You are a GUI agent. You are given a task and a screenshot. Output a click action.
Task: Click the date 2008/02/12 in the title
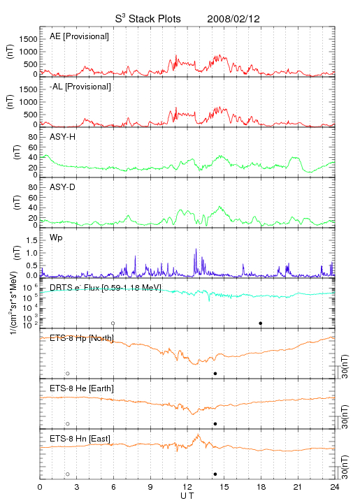233,19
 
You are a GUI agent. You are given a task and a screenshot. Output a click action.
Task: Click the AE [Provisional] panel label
79,36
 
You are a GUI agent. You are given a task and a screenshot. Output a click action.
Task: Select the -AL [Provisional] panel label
80,87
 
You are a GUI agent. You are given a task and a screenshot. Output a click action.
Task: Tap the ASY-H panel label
63,137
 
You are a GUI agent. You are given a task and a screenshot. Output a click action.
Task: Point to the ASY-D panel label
63,187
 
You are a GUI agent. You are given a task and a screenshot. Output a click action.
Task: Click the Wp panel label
56,238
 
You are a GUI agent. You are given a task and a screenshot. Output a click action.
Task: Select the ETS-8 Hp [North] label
82,338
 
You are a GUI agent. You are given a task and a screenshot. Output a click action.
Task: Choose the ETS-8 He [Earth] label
82,388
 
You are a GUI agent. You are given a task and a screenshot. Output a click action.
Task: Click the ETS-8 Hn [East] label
80,439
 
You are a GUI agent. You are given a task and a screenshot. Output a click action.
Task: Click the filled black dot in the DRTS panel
261,323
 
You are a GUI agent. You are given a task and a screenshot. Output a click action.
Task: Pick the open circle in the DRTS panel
113,323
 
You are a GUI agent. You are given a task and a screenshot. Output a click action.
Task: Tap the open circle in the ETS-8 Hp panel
68,374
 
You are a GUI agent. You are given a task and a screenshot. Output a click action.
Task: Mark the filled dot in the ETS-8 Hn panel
215,474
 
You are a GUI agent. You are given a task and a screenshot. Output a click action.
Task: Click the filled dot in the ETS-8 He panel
215,424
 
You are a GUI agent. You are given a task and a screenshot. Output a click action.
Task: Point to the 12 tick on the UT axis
187,488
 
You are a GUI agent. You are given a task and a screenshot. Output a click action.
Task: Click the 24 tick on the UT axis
335,488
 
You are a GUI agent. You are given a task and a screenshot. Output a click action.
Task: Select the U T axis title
187,496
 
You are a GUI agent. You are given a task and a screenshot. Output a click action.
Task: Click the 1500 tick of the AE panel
28,39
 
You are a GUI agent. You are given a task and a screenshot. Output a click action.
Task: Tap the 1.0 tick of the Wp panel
31,253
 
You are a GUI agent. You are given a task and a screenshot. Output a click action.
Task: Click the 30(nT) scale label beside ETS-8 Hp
345,366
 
